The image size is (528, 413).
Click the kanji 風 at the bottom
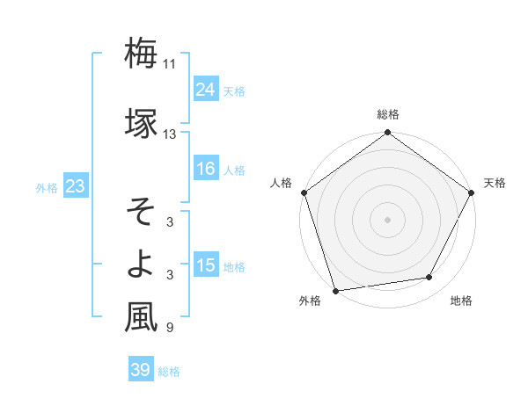point(142,317)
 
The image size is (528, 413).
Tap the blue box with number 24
point(205,90)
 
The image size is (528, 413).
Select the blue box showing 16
point(205,170)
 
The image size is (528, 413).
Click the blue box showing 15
point(205,265)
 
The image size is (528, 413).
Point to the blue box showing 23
point(75,186)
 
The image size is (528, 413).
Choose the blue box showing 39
point(140,370)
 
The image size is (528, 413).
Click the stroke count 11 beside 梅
point(170,64)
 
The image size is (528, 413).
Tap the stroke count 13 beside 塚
point(170,134)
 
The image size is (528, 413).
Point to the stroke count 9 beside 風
point(169,328)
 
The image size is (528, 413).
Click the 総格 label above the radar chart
point(388,114)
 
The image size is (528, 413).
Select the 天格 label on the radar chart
point(495,183)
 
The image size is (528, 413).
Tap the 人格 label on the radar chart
point(282,183)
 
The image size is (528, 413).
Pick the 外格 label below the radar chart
point(310,301)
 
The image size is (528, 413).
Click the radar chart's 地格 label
point(461,301)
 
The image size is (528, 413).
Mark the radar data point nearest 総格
point(388,134)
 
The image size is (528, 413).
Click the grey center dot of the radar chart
point(388,219)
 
